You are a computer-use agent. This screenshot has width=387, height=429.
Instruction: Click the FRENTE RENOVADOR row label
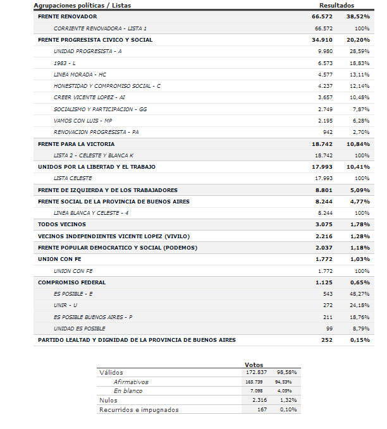coord(68,16)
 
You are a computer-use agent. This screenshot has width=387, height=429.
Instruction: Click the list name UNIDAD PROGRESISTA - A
coord(88,51)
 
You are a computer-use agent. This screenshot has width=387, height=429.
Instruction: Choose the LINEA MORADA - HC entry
coord(80,74)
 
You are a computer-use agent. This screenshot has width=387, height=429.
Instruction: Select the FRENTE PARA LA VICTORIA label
coord(77,143)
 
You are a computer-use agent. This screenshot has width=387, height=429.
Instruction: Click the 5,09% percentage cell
coord(359,190)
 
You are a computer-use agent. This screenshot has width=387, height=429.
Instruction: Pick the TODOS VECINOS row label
coord(62,224)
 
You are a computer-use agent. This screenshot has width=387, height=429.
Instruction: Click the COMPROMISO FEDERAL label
coord(72,282)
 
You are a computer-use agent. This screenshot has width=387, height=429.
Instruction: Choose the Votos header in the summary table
coord(254,365)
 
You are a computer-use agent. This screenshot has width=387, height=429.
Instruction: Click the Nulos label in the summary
coord(109,401)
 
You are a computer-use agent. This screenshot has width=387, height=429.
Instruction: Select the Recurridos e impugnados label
coord(139,409)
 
